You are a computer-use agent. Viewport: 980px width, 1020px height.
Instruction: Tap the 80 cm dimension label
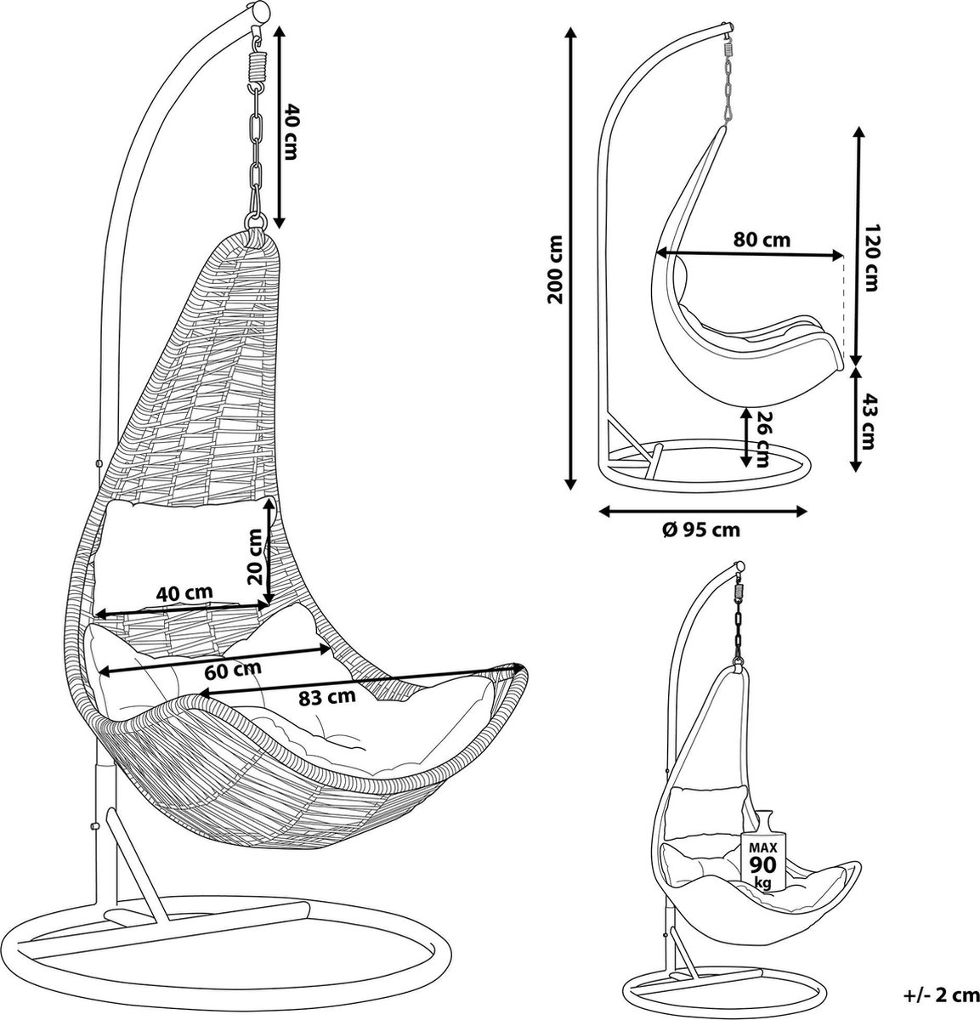point(762,240)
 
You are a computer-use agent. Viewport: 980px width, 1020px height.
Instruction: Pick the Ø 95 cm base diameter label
point(700,530)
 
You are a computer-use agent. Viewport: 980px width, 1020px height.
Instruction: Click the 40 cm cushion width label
point(184,592)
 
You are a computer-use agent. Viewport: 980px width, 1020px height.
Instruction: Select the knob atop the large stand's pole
point(258,13)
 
